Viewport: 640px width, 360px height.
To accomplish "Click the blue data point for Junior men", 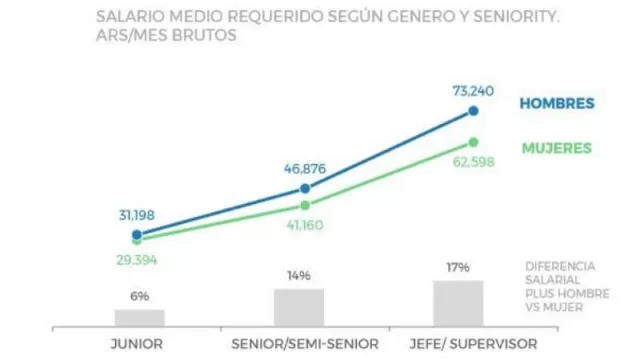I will coord(137,235).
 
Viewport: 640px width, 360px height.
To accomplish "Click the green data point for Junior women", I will coord(137,241).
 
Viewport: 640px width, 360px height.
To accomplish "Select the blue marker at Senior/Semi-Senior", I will coord(304,188).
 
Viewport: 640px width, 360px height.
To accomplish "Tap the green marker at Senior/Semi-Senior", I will coord(304,205).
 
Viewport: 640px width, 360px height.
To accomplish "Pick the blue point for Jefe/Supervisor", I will coord(474,112).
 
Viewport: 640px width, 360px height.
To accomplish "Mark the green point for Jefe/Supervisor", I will coord(474,142).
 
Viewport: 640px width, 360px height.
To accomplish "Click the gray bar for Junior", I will coord(139,317).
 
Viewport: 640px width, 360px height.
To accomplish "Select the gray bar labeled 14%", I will coord(299,307).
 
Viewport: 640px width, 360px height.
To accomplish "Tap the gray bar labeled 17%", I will coord(458,303).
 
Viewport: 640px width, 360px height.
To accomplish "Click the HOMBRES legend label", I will coord(557,104).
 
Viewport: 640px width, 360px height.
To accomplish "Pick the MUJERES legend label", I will coord(556,148).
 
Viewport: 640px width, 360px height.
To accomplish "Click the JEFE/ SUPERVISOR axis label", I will coord(458,343).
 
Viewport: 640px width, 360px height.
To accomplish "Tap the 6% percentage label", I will coord(139,296).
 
